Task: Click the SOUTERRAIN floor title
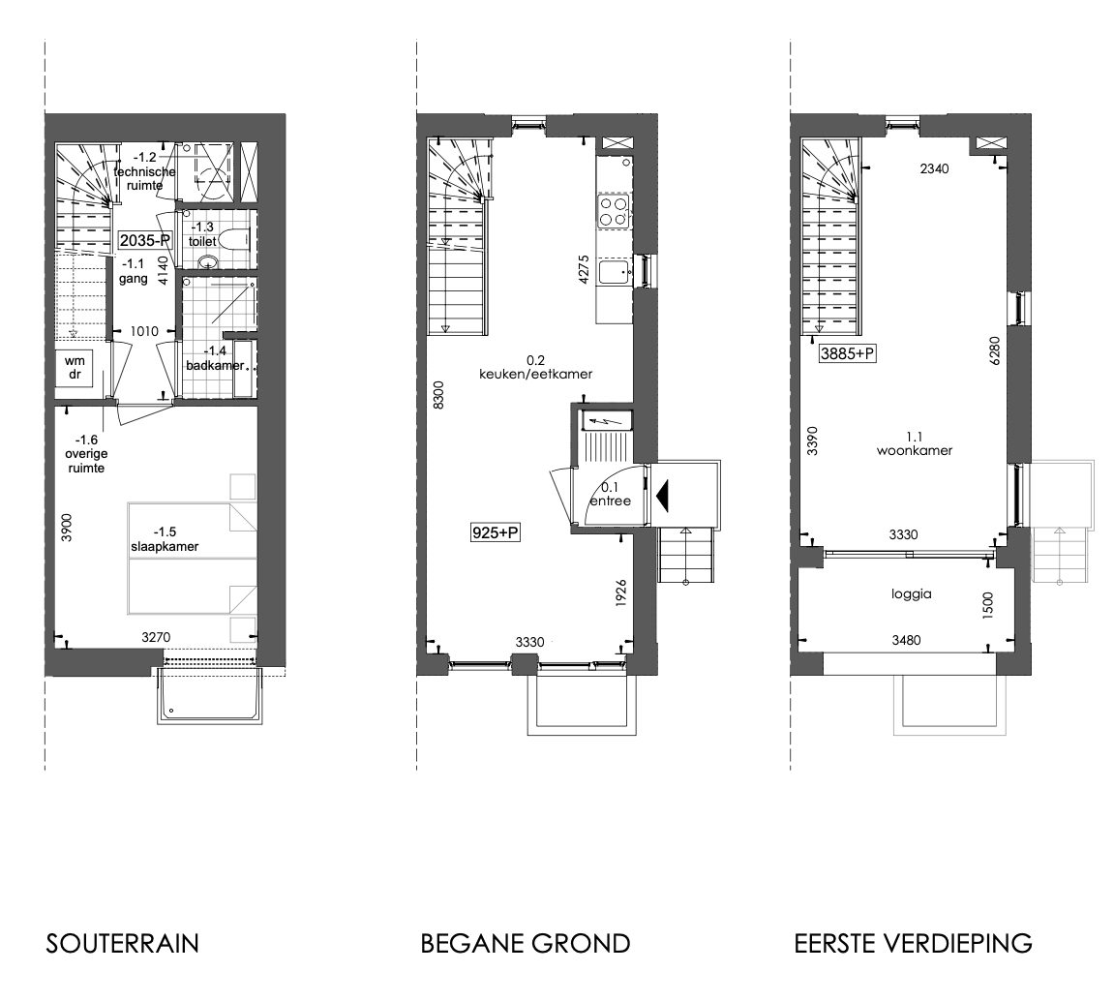pyautogui.click(x=122, y=943)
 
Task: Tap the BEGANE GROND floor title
pyautogui.click(x=525, y=943)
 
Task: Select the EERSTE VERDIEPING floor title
pyautogui.click(x=913, y=943)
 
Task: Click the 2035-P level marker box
pyautogui.click(x=145, y=240)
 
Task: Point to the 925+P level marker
pyautogui.click(x=496, y=531)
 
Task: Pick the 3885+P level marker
pyautogui.click(x=848, y=353)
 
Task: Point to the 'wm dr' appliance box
pyautogui.click(x=75, y=368)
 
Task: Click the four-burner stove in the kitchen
pyautogui.click(x=614, y=211)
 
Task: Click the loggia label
pyautogui.click(x=912, y=594)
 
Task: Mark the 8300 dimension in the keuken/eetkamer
pyautogui.click(x=438, y=395)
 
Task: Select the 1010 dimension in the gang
pyautogui.click(x=144, y=331)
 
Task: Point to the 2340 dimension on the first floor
pyautogui.click(x=934, y=169)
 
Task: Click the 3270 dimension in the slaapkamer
pyautogui.click(x=156, y=637)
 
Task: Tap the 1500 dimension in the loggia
pyautogui.click(x=987, y=605)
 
